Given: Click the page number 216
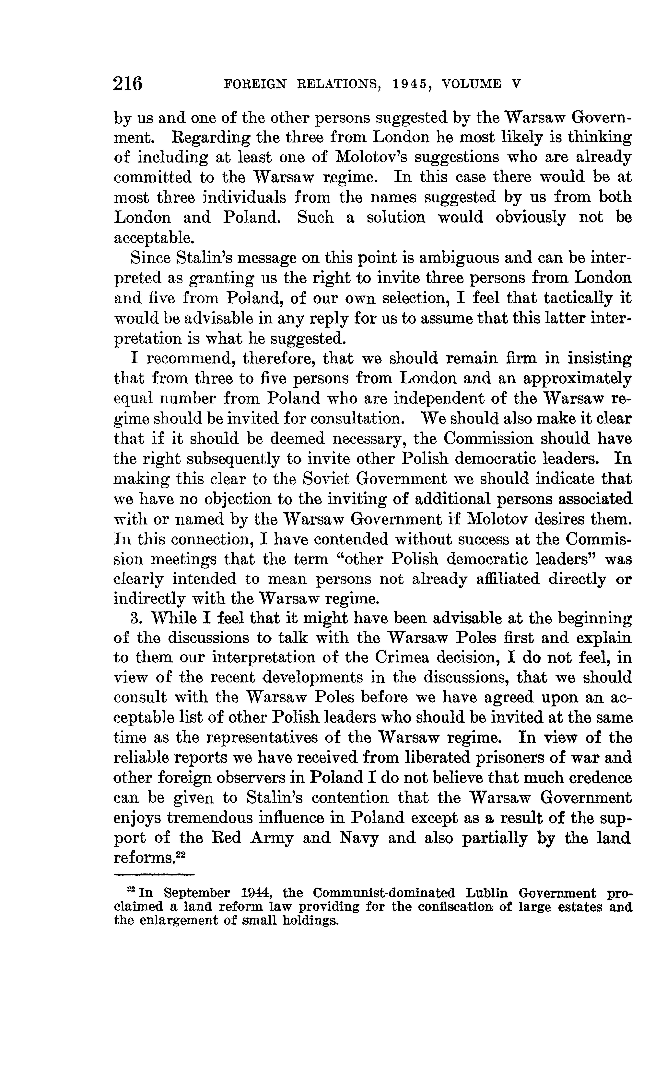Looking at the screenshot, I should click(128, 83).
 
